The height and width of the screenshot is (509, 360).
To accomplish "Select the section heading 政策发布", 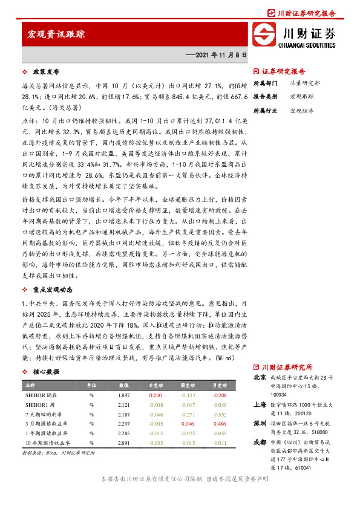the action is pyautogui.click(x=44, y=71).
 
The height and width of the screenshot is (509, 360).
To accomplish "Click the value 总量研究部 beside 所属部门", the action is pyautogui.click(x=305, y=83).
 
